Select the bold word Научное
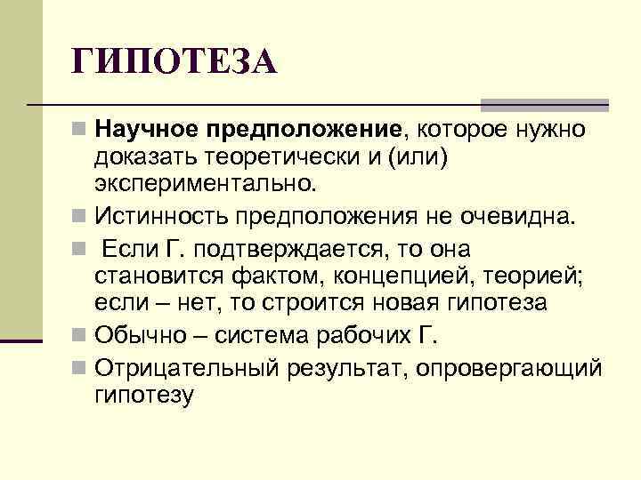tap(146, 131)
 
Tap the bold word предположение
tap(302, 131)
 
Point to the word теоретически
tap(275, 158)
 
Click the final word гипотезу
tap(142, 394)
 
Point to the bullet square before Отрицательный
tap(80, 367)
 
